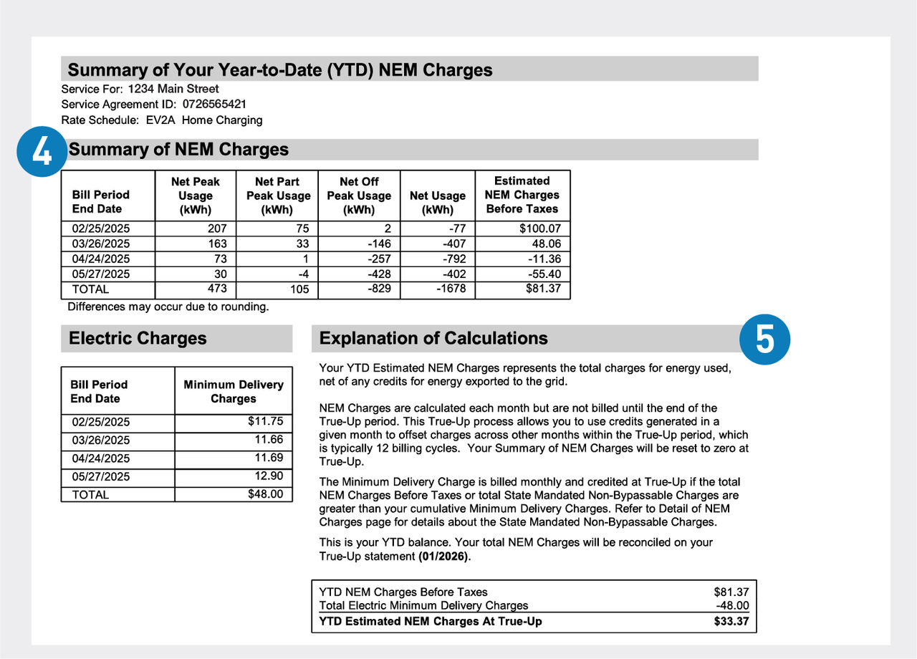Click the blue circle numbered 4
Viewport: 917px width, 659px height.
tap(42, 150)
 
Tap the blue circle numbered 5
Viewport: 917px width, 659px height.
tap(764, 340)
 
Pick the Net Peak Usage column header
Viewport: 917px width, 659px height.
tap(196, 196)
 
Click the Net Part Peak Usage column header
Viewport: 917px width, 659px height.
tap(278, 196)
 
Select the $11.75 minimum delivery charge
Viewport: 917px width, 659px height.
tap(266, 422)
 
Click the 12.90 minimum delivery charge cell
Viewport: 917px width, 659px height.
tap(269, 476)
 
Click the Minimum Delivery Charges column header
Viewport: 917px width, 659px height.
tap(234, 391)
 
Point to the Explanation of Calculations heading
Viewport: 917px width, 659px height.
tap(433, 338)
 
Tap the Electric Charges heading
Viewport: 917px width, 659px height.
tap(138, 338)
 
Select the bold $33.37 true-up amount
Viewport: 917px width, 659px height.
tap(731, 621)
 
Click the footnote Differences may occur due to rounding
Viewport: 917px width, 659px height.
tap(168, 307)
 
